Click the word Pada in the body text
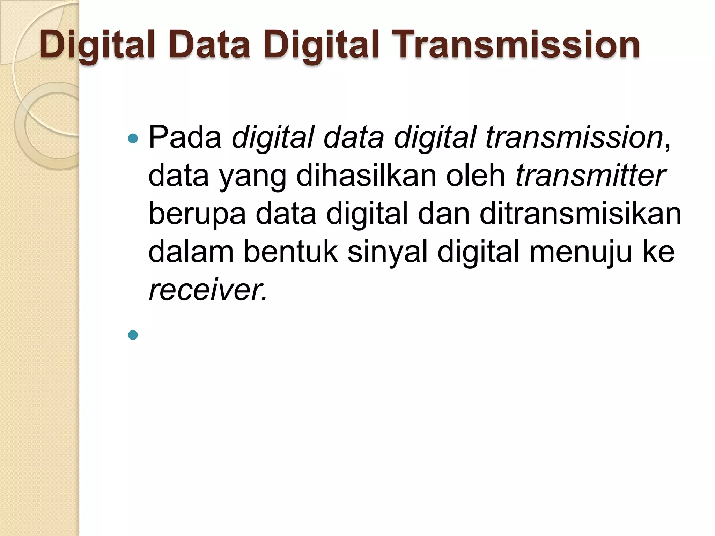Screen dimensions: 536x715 click(185, 137)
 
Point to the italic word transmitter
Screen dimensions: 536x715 click(590, 176)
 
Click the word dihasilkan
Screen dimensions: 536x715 click(366, 176)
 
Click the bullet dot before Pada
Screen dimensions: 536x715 click(133, 139)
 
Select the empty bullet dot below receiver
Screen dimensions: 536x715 click(133, 335)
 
